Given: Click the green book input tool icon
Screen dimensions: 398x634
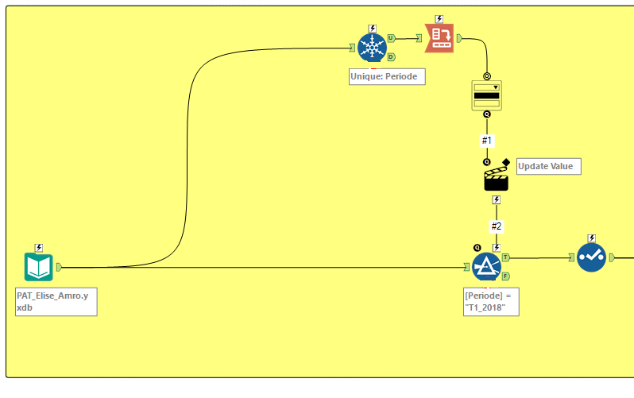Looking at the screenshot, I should [x=38, y=268].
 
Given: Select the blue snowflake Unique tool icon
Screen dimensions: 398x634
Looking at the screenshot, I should [x=371, y=47].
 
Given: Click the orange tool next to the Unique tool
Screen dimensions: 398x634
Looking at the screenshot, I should [x=439, y=38].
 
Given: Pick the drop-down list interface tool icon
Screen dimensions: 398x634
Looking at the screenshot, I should [x=486, y=95].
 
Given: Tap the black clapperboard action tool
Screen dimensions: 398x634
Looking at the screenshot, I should [x=496, y=179].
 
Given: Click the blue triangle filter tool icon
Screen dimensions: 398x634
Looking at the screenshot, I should [x=485, y=268].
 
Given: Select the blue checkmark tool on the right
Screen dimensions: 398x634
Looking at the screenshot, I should [x=591, y=257].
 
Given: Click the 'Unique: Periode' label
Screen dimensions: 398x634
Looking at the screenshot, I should [x=387, y=76].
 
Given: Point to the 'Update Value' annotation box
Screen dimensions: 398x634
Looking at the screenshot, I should [x=548, y=166].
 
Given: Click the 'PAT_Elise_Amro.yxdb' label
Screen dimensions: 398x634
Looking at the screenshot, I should [x=56, y=302].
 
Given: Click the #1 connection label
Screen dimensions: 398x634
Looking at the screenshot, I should [x=487, y=141].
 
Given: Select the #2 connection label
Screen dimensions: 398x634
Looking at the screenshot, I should [x=497, y=226].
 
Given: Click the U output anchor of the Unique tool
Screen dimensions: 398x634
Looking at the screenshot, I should [x=391, y=38].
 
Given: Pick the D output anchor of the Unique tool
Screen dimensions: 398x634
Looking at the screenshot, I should [x=391, y=56].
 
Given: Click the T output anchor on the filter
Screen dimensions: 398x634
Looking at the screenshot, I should [x=506, y=258].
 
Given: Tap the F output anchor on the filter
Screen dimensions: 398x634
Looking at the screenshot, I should [x=506, y=276].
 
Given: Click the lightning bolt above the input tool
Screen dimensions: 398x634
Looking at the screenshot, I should [x=38, y=247].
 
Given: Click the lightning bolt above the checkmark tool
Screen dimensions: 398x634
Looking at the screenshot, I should [x=591, y=238].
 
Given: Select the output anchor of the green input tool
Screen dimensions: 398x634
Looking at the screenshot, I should [x=60, y=268].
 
